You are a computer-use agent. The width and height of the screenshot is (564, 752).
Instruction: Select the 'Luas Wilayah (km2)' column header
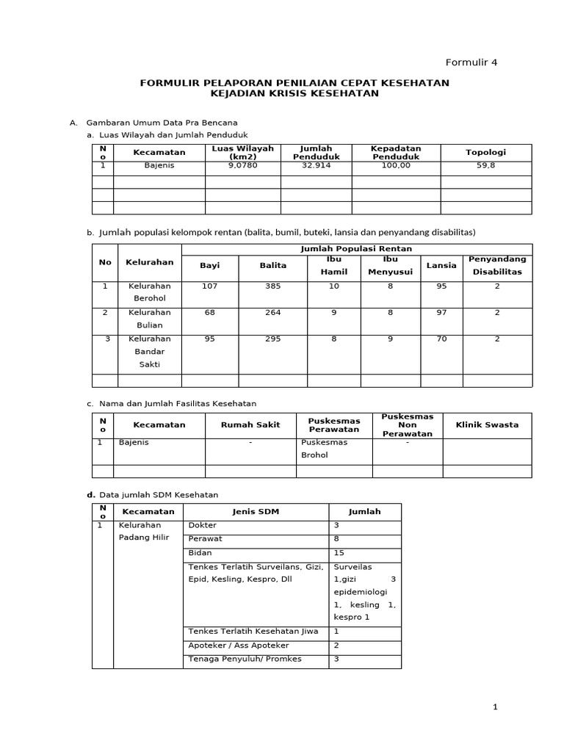point(242,152)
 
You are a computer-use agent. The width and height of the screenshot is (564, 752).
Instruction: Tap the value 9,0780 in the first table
point(242,166)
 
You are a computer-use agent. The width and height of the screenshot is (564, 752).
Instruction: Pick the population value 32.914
point(316,166)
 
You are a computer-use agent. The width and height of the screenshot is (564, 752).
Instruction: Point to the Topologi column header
point(485,152)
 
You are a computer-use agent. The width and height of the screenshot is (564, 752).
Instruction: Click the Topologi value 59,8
point(485,166)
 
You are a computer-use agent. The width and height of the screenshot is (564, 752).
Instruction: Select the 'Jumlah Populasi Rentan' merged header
point(356,249)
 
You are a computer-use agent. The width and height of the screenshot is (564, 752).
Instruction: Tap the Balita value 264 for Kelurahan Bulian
point(272,312)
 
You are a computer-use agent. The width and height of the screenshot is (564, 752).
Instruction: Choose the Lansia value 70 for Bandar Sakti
point(441,339)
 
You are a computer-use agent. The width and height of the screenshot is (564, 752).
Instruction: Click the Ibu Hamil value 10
point(334,286)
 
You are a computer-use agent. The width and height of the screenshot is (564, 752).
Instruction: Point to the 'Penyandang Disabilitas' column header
point(497,264)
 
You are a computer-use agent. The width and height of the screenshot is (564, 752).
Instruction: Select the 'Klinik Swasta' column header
point(487,424)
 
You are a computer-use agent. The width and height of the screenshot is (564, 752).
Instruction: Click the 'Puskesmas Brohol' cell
point(324,449)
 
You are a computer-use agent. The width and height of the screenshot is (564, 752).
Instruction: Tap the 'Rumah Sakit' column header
point(250,424)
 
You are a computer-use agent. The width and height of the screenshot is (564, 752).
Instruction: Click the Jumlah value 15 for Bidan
point(339,552)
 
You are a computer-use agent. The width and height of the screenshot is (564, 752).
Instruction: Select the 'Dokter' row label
point(203,526)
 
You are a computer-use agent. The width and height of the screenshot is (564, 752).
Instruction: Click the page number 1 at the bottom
point(496,706)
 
